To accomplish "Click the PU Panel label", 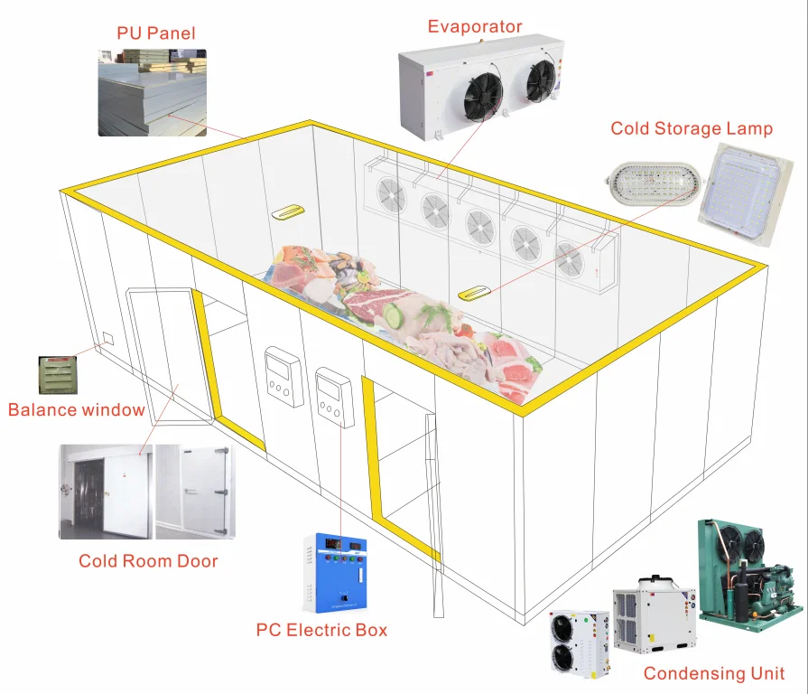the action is pyautogui.click(x=156, y=33).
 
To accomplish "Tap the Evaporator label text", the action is pyautogui.click(x=475, y=26).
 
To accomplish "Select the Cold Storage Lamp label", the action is pyautogui.click(x=692, y=128).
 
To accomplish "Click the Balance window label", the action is pyautogui.click(x=76, y=410).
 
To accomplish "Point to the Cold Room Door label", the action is pyautogui.click(x=148, y=561).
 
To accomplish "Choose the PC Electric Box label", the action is pyautogui.click(x=321, y=630).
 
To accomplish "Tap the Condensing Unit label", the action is pyautogui.click(x=714, y=673).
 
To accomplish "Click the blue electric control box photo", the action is pyautogui.click(x=335, y=573).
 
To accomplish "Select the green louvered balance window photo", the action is pyautogui.click(x=58, y=375).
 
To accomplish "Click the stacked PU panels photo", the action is pyautogui.click(x=153, y=93).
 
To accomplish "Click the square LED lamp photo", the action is pyautogui.click(x=745, y=195).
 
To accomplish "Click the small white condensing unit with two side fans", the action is pyautogui.click(x=580, y=643).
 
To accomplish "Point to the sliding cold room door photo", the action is pyautogui.click(x=106, y=492).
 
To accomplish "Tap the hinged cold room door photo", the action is pyautogui.click(x=195, y=492).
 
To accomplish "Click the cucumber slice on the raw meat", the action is pyautogui.click(x=395, y=315).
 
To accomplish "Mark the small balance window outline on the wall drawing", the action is pyautogui.click(x=108, y=338).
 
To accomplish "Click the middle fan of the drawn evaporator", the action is pyautogui.click(x=480, y=226).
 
